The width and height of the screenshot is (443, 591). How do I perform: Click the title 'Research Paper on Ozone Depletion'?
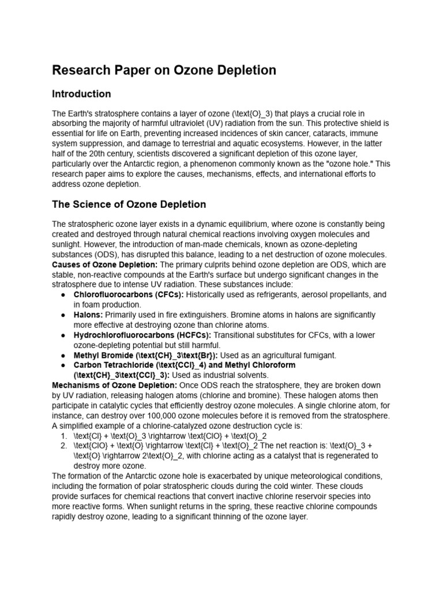pos(164,70)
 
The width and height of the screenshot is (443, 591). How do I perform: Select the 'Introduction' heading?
pos(81,94)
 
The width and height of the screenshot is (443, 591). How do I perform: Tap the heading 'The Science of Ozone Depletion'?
pos(129,204)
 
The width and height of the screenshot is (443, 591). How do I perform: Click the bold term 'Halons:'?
pos(88,315)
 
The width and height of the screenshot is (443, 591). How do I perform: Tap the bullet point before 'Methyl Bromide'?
pos(62,356)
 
